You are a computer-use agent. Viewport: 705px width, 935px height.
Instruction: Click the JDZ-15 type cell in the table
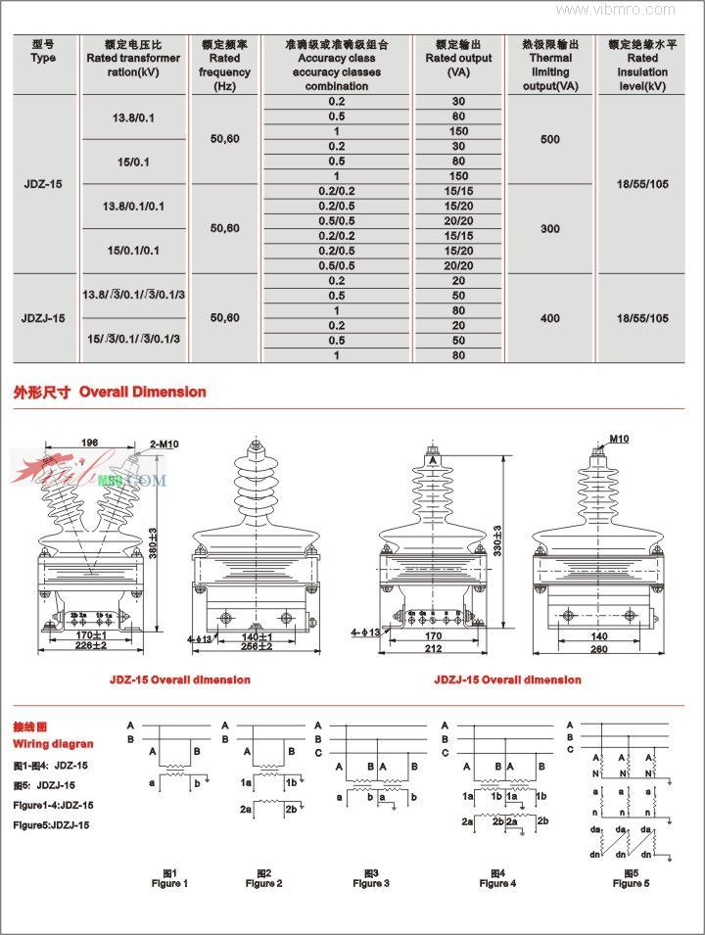(43, 183)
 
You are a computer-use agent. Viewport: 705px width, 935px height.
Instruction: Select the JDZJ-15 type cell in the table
(43, 317)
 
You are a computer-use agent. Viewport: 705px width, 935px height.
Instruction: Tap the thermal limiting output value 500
(550, 139)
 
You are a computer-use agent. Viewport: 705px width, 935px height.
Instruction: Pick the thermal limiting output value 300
(550, 228)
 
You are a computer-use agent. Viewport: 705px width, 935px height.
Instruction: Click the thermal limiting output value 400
(550, 317)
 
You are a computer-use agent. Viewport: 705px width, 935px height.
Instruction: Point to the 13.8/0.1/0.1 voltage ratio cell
(133, 206)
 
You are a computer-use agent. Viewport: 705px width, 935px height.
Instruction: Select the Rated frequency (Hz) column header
(224, 65)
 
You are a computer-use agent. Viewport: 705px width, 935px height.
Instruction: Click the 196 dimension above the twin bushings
(90, 443)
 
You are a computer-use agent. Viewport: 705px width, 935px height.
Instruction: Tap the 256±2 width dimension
(256, 646)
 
